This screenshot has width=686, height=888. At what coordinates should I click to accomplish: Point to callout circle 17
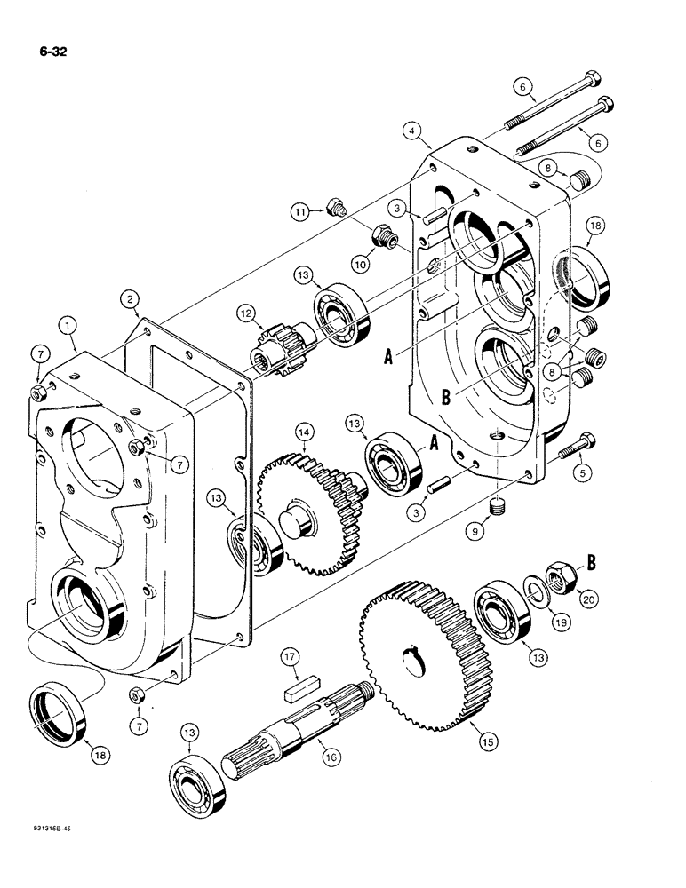click(287, 658)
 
